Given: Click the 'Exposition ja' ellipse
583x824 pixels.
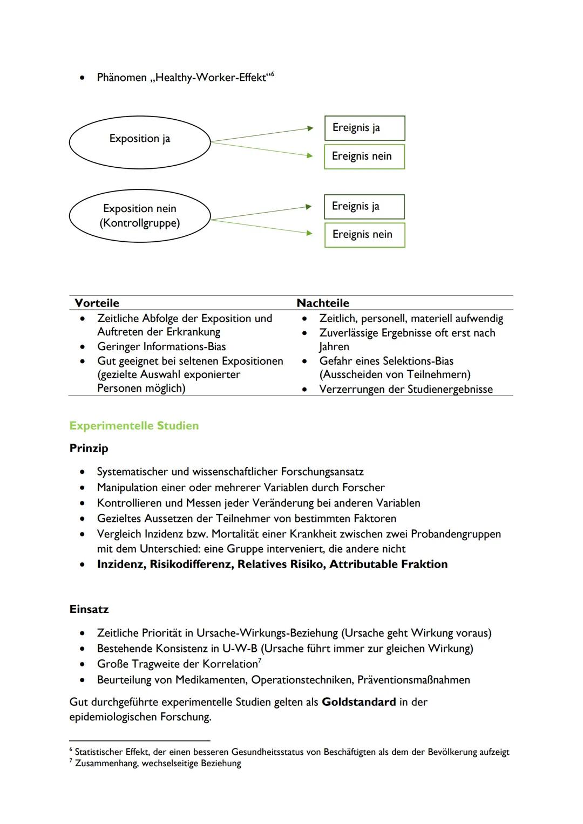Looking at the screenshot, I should (140, 139).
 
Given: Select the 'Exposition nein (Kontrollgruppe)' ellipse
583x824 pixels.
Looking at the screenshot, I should (140, 216).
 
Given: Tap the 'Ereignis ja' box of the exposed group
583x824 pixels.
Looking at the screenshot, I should (364, 128).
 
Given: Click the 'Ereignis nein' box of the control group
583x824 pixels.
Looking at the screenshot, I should (364, 235).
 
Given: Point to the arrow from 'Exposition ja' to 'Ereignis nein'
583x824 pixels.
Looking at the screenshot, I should (262, 149).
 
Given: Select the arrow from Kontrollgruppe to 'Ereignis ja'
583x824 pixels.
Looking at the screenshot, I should (262, 213).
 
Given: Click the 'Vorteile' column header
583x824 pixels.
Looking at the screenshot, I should (97, 303).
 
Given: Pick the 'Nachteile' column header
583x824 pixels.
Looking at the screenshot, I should (323, 303).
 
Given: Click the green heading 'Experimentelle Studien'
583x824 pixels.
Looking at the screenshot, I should (134, 426).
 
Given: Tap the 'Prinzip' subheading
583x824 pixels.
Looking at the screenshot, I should (89, 448).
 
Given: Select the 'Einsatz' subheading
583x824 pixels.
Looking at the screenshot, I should (89, 609).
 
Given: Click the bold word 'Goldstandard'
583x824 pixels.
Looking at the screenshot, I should (358, 702).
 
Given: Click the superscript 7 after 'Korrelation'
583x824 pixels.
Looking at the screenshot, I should (260, 661).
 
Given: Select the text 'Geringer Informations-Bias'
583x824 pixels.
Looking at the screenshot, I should (161, 346).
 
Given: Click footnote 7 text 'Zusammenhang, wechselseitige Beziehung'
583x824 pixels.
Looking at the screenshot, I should (158, 764).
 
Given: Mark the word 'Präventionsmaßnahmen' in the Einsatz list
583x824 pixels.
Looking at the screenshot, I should (413, 680).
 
